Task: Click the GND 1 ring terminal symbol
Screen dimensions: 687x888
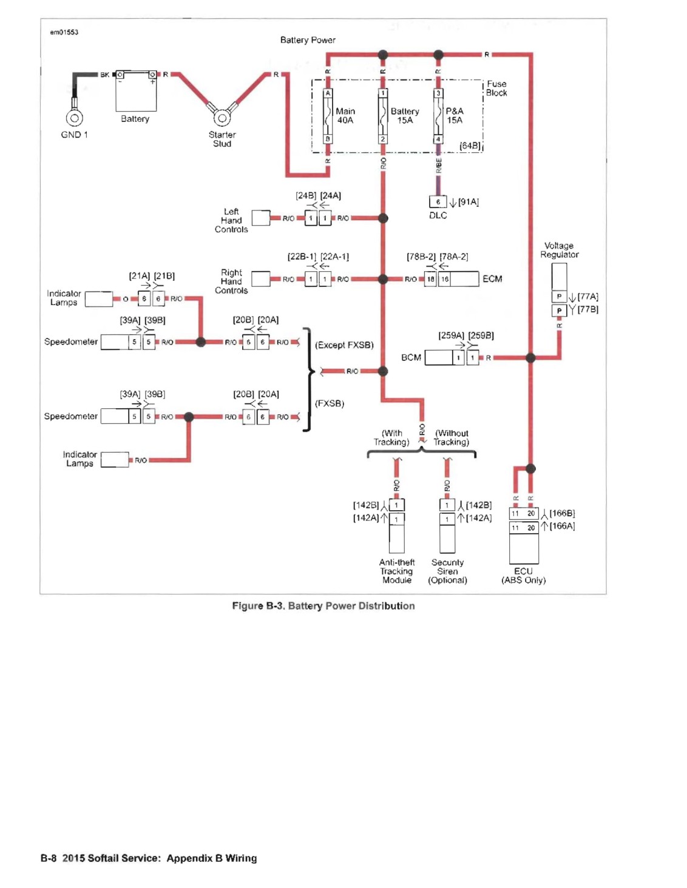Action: point(75,118)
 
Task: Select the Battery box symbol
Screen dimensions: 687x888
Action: point(136,91)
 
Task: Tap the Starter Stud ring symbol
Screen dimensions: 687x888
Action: point(222,118)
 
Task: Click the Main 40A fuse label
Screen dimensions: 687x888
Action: point(345,116)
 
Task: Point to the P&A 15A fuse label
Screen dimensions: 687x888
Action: point(455,116)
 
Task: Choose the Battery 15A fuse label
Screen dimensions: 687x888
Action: point(405,116)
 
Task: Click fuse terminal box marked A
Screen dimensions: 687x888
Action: point(327,93)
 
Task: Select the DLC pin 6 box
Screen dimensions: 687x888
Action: point(438,201)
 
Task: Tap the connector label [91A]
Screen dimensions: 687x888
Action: point(469,202)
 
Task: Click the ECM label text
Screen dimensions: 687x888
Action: point(492,278)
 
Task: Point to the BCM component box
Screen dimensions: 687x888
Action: point(439,358)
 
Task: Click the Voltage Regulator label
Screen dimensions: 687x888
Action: point(559,250)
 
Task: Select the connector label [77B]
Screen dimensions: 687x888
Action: point(587,309)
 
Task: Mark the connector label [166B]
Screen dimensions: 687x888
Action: point(562,513)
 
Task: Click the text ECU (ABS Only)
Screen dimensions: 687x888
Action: point(523,576)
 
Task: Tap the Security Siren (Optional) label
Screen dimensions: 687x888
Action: point(447,571)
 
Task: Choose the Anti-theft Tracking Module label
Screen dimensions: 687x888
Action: point(396,571)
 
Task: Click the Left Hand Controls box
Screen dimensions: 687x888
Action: point(261,218)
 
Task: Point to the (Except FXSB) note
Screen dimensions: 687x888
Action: point(344,345)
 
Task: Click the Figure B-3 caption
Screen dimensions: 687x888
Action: point(323,605)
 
